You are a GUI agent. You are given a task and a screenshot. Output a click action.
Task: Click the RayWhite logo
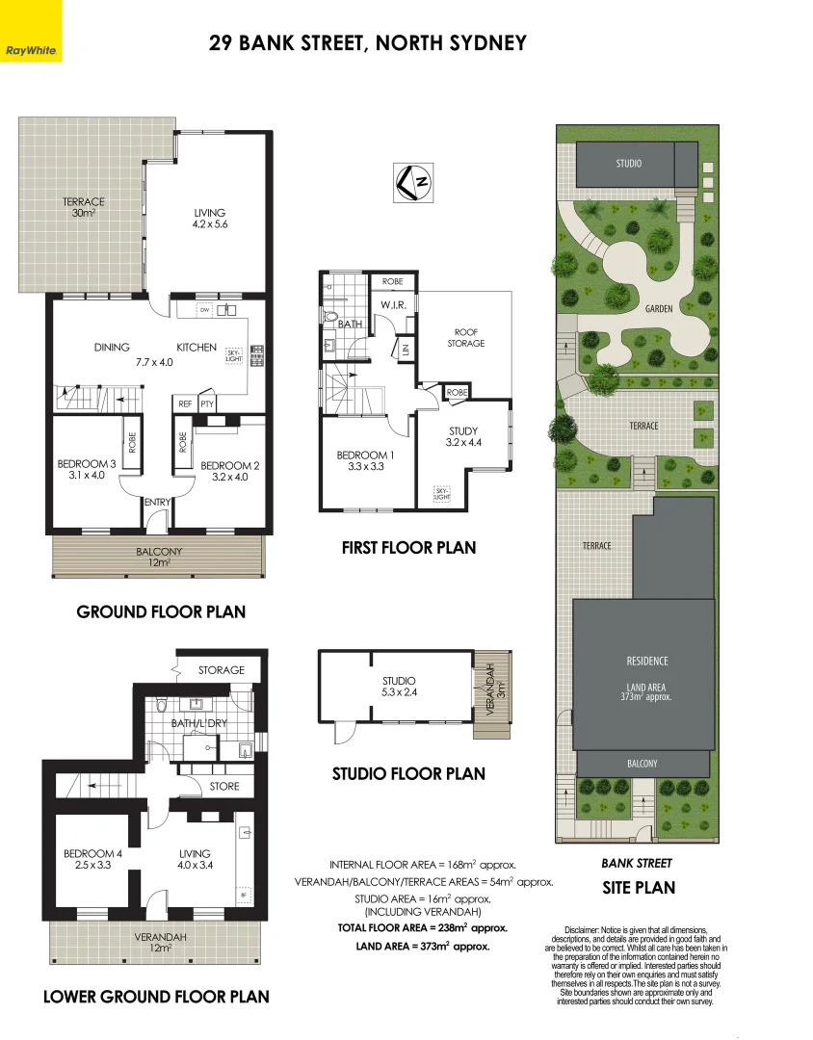coord(31,49)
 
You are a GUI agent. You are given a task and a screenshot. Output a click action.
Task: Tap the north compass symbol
coord(413,180)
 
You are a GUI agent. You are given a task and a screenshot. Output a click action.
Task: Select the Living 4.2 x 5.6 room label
coord(209,219)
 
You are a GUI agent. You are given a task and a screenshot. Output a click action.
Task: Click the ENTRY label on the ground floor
coord(157,503)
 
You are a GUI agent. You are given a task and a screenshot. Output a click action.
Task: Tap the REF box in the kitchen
coord(183,404)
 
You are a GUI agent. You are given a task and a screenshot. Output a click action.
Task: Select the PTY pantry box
coord(206,404)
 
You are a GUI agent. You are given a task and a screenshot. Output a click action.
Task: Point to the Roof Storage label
coord(465,337)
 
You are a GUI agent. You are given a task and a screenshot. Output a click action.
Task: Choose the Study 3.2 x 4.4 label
coord(463,437)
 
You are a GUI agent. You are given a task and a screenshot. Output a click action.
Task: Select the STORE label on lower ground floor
coord(223,787)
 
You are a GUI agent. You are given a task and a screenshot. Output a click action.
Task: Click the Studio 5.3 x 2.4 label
coord(398,687)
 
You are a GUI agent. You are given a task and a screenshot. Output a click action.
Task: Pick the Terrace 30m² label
coord(84,207)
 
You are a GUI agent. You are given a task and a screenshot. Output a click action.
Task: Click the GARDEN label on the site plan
coord(658,309)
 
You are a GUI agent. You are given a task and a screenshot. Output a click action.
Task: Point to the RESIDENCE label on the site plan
coord(646,661)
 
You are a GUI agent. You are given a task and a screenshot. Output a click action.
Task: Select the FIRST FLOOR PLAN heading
coord(408,547)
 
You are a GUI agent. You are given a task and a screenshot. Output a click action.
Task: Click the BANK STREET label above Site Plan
coord(637,864)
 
